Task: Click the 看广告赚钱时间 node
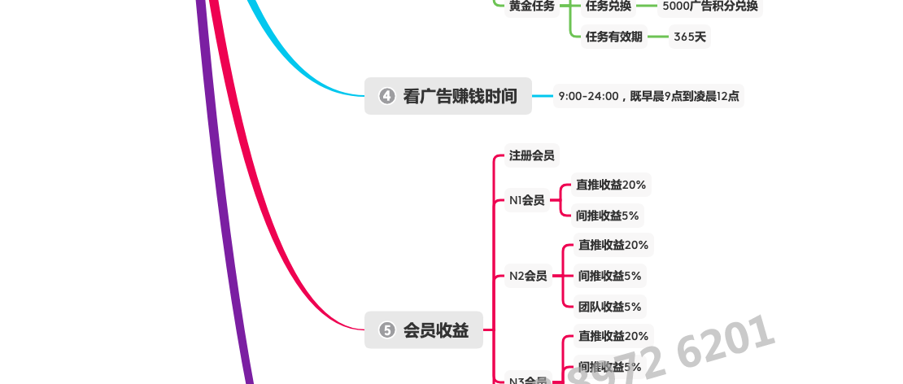460,96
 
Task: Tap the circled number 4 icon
387,96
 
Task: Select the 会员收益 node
435,329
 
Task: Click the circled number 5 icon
387,329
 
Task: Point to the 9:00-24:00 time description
648,96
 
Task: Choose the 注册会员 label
531,155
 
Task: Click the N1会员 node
526,200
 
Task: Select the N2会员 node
528,276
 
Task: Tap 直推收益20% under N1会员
611,185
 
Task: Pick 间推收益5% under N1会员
608,216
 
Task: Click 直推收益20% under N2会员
613,245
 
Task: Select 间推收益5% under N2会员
609,276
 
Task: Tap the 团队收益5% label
609,307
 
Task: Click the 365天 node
689,36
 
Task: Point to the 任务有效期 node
613,36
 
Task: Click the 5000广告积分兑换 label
710,6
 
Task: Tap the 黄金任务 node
531,6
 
